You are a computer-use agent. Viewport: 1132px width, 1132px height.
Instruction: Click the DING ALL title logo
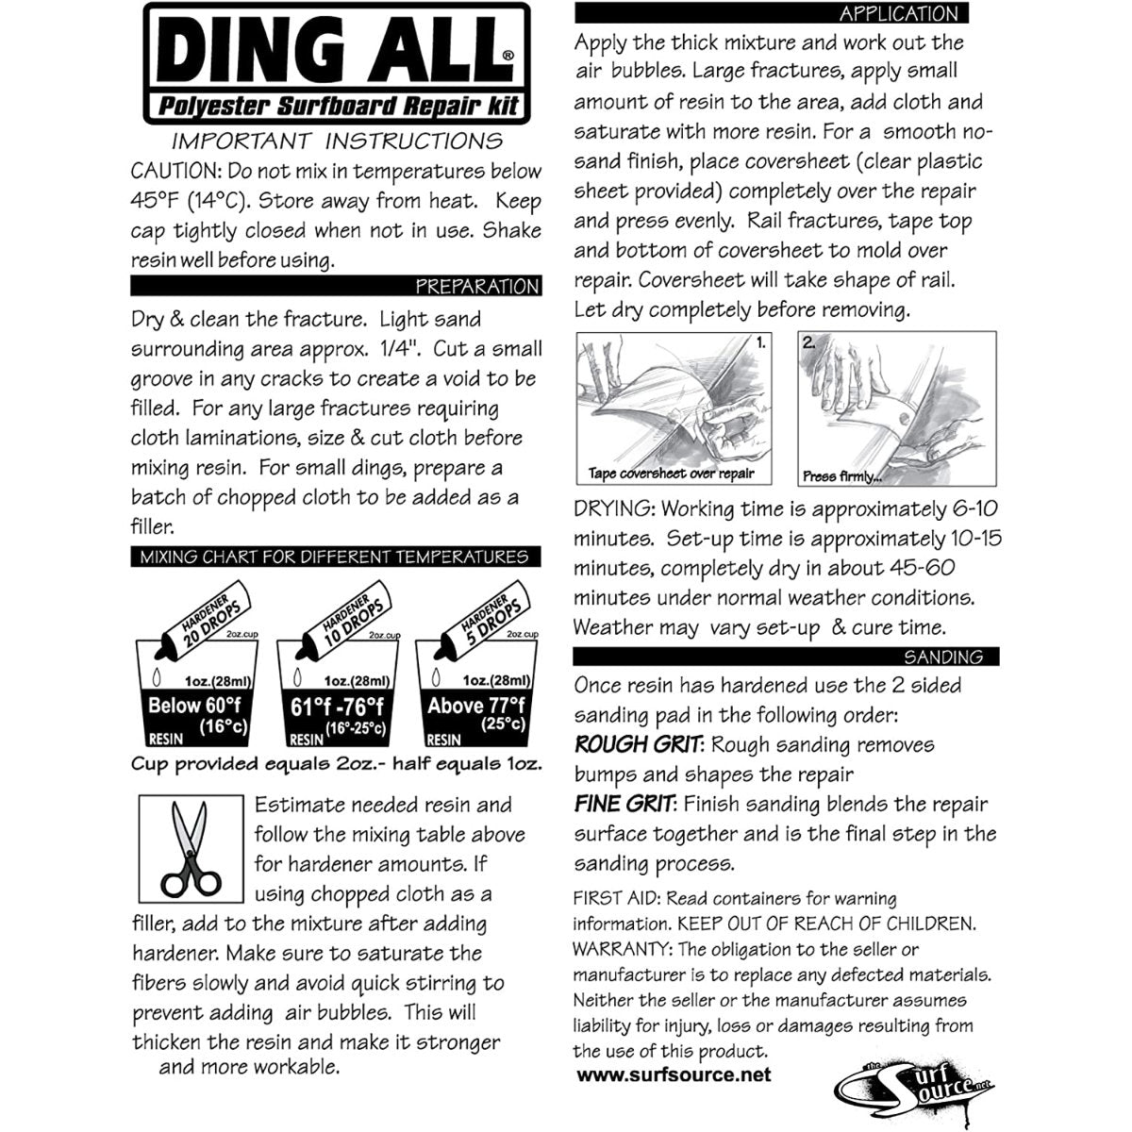(x=337, y=63)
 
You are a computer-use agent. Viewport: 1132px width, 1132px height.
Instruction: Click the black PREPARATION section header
(x=337, y=286)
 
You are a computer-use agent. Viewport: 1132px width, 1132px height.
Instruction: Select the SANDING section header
(x=786, y=657)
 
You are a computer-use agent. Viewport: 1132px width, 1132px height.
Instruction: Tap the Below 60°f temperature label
(x=188, y=706)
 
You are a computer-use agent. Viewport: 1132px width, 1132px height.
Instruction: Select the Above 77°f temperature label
(x=475, y=705)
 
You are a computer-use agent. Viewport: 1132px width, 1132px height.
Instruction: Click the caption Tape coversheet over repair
(x=671, y=474)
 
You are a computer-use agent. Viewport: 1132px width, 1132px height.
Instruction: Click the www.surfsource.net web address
(x=673, y=1074)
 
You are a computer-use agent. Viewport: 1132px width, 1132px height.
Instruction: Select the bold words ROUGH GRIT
(x=638, y=745)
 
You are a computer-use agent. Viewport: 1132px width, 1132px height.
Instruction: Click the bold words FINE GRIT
(x=624, y=805)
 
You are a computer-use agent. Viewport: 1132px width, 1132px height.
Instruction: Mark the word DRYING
(x=613, y=509)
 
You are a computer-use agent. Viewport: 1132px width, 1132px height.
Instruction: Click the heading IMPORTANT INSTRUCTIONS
(x=337, y=141)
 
